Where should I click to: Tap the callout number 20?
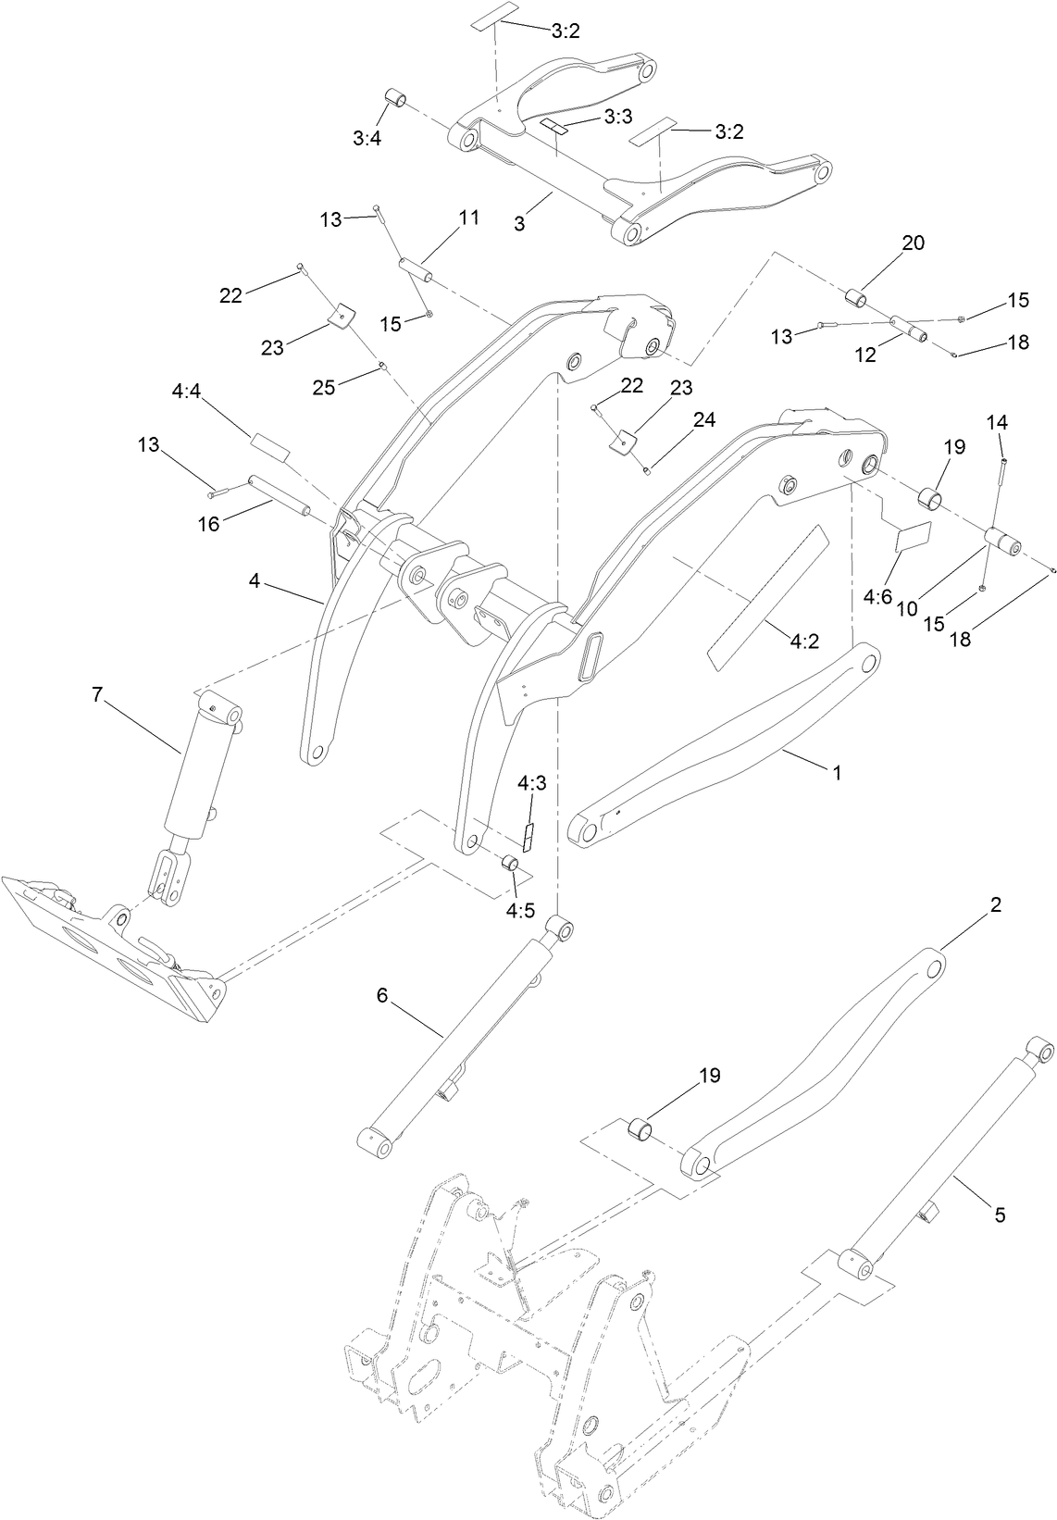click(x=913, y=243)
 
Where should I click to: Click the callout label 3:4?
click(x=366, y=138)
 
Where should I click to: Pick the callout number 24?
click(x=704, y=419)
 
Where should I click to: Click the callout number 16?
click(x=209, y=524)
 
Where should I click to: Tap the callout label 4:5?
click(x=520, y=910)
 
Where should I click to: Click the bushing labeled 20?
click(x=856, y=298)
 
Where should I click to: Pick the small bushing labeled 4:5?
click(x=508, y=863)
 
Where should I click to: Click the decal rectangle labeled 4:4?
click(x=269, y=446)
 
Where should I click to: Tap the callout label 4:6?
click(x=877, y=596)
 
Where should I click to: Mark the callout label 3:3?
click(x=617, y=117)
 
